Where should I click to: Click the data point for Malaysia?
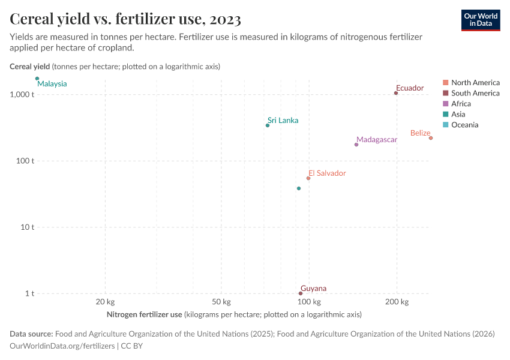(37, 79)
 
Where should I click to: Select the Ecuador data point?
(396, 93)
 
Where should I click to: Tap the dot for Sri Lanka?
(268, 125)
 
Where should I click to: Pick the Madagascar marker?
(356, 145)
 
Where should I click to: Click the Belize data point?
(431, 138)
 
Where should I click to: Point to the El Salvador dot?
(308, 178)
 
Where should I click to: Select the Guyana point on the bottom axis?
(301, 293)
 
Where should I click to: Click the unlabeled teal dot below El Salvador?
(299, 188)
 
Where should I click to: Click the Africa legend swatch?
(446, 104)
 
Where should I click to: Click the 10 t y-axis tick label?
(28, 227)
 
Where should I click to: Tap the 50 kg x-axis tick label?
(221, 302)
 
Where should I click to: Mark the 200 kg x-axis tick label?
(396, 302)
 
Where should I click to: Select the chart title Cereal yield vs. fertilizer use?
(125, 20)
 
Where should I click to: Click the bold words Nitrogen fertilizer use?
(144, 314)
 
